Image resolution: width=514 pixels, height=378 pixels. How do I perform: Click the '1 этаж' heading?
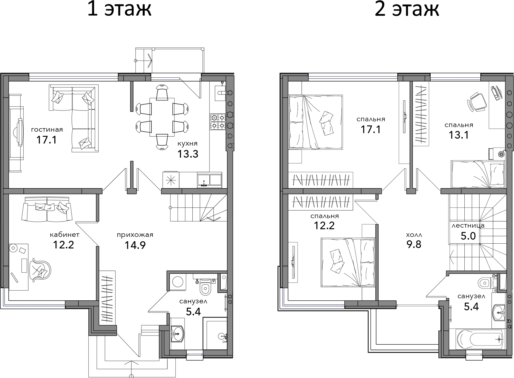[119, 9]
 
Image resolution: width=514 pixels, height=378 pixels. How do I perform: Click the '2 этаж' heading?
[407, 9]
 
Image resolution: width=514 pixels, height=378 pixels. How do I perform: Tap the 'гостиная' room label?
[47, 130]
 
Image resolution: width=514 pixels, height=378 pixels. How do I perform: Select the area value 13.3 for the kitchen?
[188, 154]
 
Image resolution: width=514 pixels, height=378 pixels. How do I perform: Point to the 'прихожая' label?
[135, 235]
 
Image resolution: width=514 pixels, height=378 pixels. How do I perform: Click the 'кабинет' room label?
[64, 235]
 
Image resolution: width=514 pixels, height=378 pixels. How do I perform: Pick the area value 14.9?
[135, 245]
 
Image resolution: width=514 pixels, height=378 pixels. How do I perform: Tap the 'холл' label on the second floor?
[414, 235]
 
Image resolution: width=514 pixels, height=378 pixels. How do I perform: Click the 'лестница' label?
[468, 226]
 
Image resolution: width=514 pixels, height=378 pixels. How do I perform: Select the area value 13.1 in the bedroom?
[459, 135]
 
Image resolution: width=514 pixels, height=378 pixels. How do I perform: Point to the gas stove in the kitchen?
[218, 122]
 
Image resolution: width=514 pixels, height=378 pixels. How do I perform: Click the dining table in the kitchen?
[162, 117]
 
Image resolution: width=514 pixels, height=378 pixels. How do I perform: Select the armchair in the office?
[40, 268]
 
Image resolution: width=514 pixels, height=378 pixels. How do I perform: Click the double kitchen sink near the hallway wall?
[209, 180]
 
